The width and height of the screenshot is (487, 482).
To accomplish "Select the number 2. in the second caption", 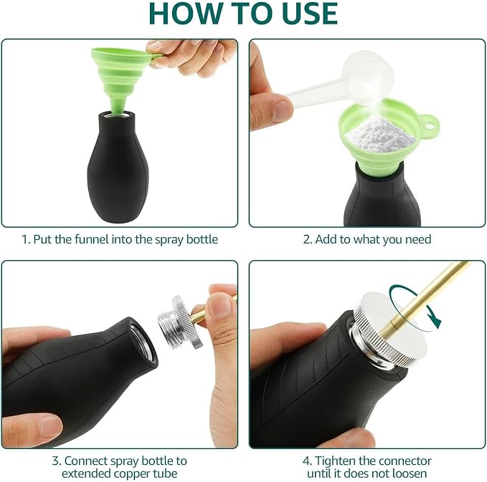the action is point(308,240).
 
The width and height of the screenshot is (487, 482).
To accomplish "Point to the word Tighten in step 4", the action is point(335,461).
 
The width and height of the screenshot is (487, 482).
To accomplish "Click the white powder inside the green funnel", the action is point(380,133).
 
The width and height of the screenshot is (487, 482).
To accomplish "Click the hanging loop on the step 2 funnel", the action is point(430,125).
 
